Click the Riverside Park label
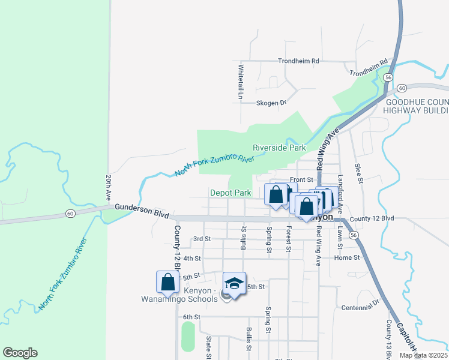pyautogui.click(x=279, y=148)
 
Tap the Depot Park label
pyautogui.click(x=231, y=193)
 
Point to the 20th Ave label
pyautogui.click(x=108, y=188)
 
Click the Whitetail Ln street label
pyautogui.click(x=241, y=82)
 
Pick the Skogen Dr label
pyautogui.click(x=271, y=103)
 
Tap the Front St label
pyautogui.click(x=301, y=179)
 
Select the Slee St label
pyautogui.click(x=358, y=173)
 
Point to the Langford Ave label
pyautogui.click(x=340, y=191)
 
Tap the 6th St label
pyautogui.click(x=191, y=317)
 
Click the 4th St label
pyautogui.click(x=192, y=258)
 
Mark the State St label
pyautogui.click(x=209, y=347)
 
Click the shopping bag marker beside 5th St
pyautogui.click(x=168, y=283)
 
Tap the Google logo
pyautogui.click(x=20, y=353)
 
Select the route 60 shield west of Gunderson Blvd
pyautogui.click(x=70, y=213)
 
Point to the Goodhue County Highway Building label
pyautogui.click(x=417, y=107)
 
